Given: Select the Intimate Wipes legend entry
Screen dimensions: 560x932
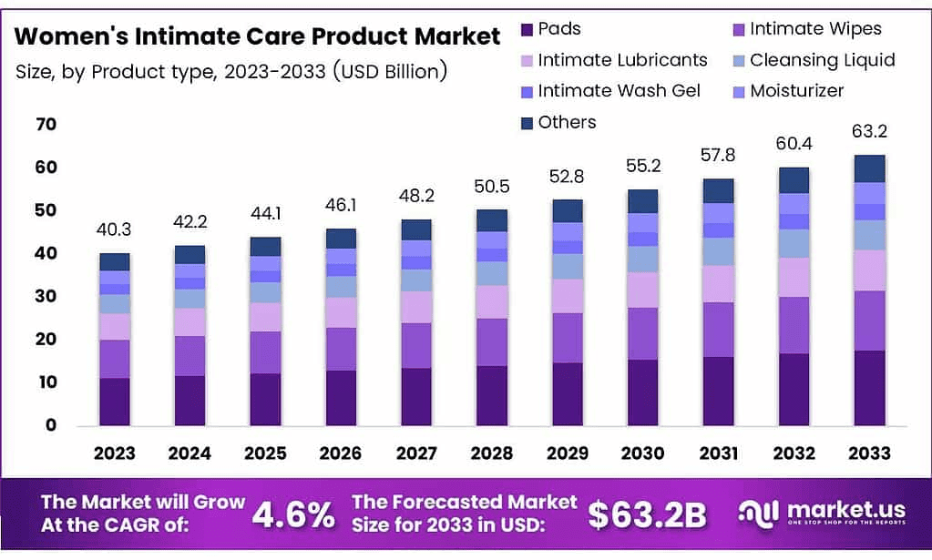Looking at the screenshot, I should click(814, 29).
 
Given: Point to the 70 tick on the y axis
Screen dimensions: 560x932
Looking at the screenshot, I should click(45, 124).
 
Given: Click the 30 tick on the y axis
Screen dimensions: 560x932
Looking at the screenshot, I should click(45, 296).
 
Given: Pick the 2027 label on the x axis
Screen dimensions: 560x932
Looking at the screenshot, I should click(415, 453).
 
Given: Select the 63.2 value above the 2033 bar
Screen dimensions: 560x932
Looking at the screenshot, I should click(870, 132).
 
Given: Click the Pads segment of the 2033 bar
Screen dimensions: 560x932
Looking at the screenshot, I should click(870, 388).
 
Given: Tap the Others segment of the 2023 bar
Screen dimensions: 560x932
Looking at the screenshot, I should click(115, 262).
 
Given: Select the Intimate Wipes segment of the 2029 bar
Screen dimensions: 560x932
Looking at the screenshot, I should click(568, 338).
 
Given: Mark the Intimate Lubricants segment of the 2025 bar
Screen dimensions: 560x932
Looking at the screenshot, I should click(265, 317).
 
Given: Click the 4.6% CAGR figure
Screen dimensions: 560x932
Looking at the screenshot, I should click(292, 514).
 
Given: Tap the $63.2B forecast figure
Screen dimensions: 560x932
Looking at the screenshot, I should click(647, 514).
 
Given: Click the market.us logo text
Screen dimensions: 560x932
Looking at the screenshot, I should click(836, 511).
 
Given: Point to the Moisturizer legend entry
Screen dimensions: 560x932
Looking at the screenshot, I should click(796, 91).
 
